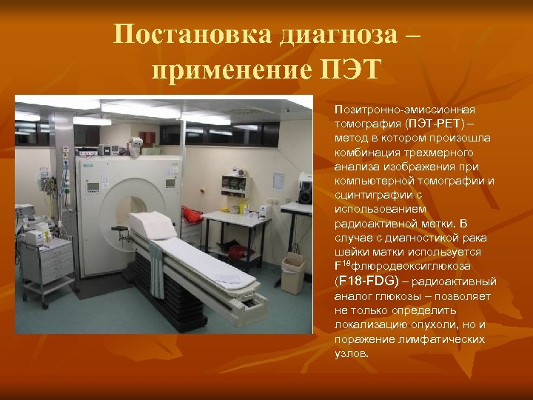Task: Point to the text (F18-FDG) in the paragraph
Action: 367,281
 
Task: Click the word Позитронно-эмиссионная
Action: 403,109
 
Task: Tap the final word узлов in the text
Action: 352,353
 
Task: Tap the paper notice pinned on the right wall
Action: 278,180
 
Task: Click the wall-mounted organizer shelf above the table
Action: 235,181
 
